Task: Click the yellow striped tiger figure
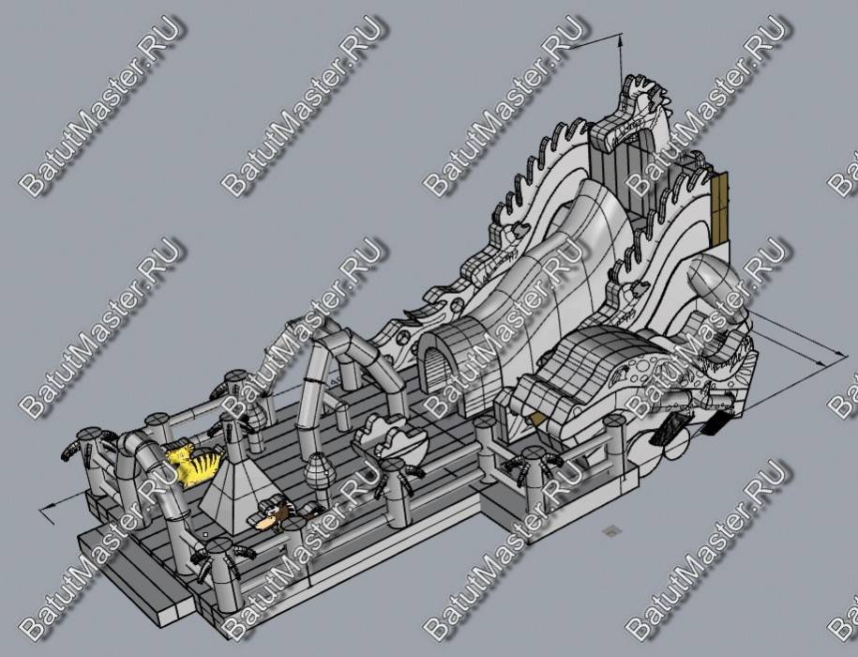tap(194, 466)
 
